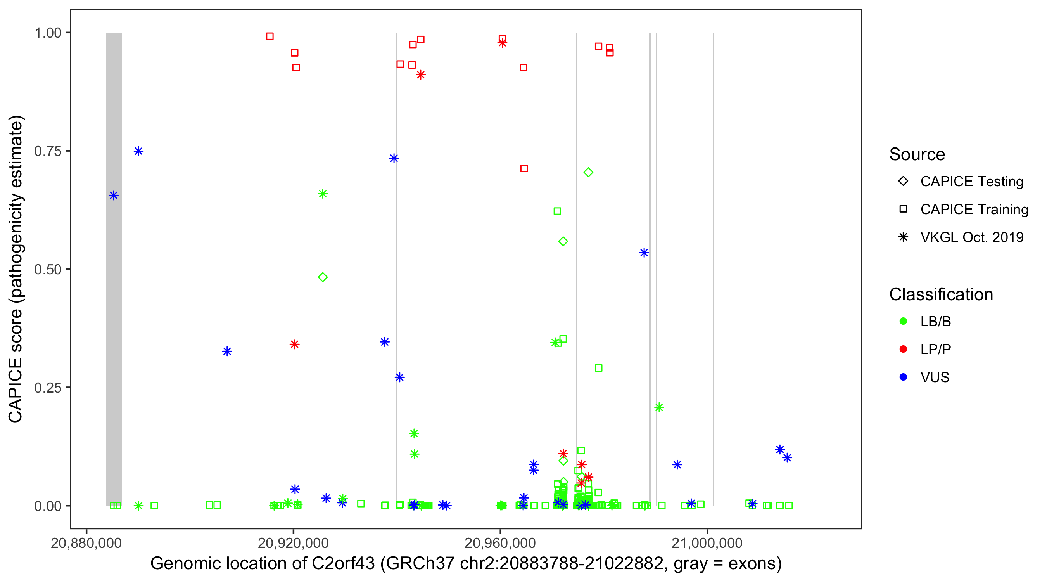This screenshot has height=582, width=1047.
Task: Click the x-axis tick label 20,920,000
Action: coord(293,543)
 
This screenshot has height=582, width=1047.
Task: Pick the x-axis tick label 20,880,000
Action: coord(86,543)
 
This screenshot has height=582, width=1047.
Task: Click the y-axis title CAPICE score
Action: coord(16,269)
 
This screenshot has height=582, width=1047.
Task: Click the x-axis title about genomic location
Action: coord(466,564)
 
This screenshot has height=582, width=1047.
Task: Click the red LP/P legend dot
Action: coord(903,349)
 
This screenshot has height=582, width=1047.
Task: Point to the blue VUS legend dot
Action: coord(903,377)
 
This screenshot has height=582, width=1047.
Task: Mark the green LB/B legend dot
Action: coord(903,321)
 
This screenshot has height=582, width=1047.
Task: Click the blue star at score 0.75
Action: coord(138,151)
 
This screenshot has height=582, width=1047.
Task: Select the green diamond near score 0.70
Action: coord(588,172)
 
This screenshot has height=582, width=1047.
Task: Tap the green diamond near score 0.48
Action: coord(323,277)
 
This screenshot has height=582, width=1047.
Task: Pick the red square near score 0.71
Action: coord(524,168)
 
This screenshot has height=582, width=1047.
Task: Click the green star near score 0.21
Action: coord(659,407)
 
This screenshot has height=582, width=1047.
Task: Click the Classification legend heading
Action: coord(941,294)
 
